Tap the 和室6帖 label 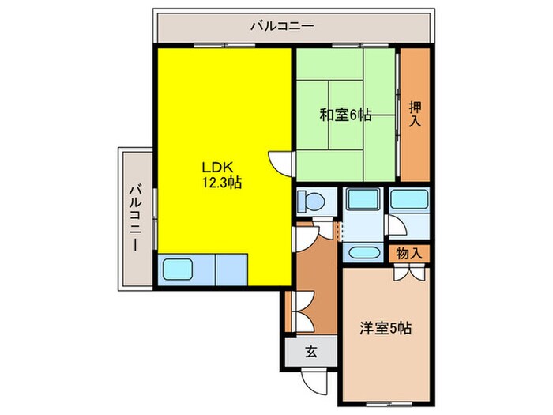pos(345,115)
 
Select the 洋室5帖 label pos(386,327)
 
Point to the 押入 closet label pos(415,116)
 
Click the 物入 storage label pos(409,253)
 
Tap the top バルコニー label pos(282,26)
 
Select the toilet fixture pos(310,201)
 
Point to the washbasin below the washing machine pos(363,254)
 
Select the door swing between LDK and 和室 pos(281,163)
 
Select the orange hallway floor pos(317,269)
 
